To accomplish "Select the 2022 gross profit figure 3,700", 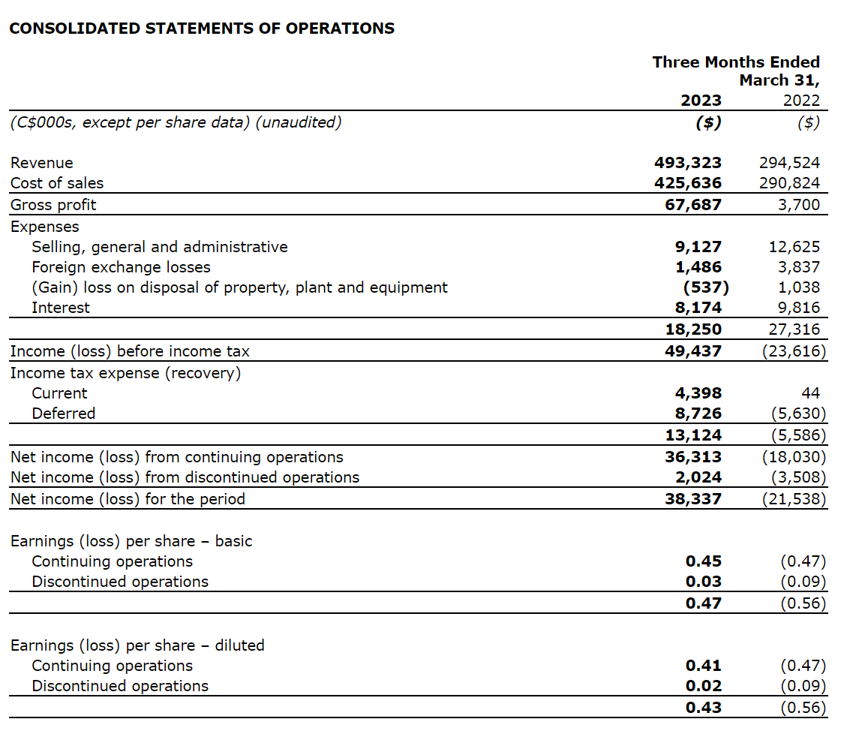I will coord(799,205).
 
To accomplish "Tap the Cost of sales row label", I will coord(57,183).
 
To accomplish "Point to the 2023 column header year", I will coord(701,101).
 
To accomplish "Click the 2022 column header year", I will coord(801,101).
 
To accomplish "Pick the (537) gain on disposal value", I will coord(706,287).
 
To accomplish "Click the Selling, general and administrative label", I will coord(159,247).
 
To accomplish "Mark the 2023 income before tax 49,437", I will coord(693,351).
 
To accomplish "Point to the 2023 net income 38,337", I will coord(693,499).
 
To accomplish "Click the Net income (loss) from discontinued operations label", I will coord(185,477).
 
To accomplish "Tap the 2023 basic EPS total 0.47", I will coord(704,603).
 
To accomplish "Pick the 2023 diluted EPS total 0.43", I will coord(704,707).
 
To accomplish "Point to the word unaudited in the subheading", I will coord(298,122).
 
